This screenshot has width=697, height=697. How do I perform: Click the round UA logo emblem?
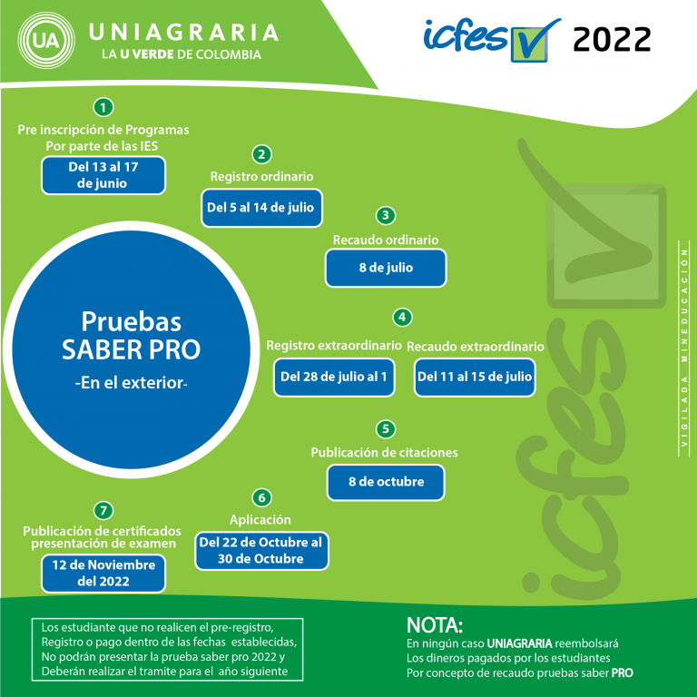[x=46, y=41]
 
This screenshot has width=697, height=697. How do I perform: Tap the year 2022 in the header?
[x=612, y=39]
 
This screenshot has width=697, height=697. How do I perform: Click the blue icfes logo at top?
[x=492, y=40]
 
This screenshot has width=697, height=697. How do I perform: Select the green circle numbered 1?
[x=103, y=107]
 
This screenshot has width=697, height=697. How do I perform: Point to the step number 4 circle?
[x=402, y=318]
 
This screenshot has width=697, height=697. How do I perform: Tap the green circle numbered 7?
[x=103, y=510]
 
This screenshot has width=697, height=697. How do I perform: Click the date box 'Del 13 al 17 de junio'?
[x=103, y=175]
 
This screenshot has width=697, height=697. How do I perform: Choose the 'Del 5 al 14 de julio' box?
[x=261, y=208]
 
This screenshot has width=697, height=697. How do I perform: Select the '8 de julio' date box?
[x=386, y=268]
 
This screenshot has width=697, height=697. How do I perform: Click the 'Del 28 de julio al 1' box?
[x=334, y=377]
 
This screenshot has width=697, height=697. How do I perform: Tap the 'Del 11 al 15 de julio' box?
[x=475, y=377]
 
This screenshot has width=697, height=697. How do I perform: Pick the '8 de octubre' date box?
[x=386, y=482]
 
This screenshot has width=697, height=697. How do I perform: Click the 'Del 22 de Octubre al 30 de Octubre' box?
[x=261, y=551]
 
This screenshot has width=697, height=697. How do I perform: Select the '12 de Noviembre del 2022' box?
[x=103, y=574]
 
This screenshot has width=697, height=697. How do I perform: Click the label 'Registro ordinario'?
[x=261, y=176]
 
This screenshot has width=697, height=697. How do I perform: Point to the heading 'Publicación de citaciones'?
[x=384, y=453]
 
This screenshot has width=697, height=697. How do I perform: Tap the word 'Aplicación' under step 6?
[x=260, y=520]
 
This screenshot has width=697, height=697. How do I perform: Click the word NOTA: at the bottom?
[x=435, y=625]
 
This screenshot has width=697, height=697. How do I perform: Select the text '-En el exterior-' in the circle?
[x=131, y=383]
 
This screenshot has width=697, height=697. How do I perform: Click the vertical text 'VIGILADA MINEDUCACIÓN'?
[x=684, y=348]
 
